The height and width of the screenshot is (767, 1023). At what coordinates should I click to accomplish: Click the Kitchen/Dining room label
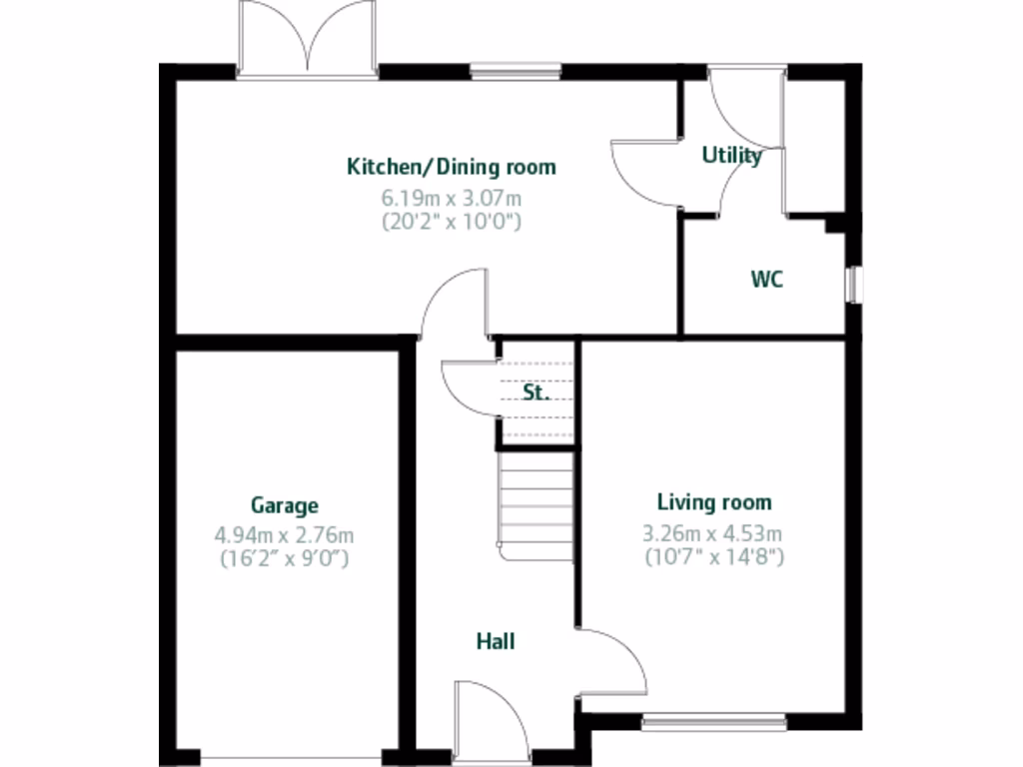(451, 166)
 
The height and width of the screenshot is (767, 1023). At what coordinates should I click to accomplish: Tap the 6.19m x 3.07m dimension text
(451, 198)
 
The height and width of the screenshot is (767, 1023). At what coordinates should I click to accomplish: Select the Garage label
(284, 505)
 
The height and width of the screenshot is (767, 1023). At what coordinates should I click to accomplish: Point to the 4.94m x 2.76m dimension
(284, 535)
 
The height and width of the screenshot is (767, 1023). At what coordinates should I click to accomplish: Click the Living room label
(713, 502)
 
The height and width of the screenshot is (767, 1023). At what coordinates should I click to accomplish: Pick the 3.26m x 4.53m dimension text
(713, 533)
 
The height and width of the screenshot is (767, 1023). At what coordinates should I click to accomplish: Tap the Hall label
(496, 641)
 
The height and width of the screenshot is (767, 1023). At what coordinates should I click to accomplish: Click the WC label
(767, 280)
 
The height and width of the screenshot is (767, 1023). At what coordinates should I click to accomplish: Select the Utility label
(731, 155)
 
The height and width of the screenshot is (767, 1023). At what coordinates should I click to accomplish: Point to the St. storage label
(536, 392)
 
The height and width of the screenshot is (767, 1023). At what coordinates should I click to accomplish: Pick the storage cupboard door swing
(470, 385)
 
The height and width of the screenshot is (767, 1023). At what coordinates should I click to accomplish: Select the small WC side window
(852, 283)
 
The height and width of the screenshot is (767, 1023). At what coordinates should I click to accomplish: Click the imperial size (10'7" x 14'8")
(713, 557)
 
